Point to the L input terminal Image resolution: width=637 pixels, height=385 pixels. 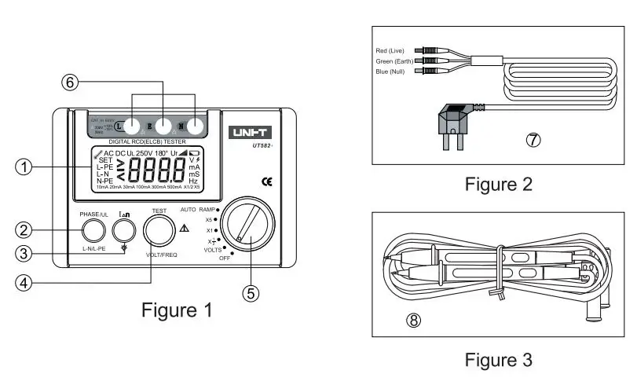click(121, 125)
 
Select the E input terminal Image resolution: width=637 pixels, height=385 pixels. click(161, 125)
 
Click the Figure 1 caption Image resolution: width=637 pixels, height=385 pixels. click(176, 310)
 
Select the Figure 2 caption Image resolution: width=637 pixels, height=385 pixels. click(498, 184)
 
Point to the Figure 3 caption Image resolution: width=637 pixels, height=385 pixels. click(498, 360)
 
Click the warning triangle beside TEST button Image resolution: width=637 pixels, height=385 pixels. click(184, 229)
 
